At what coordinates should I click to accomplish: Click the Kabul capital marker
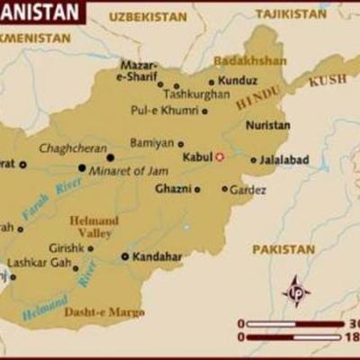click(x=219, y=157)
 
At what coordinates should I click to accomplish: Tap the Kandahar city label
click(x=157, y=256)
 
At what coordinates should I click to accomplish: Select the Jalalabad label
click(x=283, y=159)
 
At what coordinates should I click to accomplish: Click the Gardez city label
click(x=247, y=190)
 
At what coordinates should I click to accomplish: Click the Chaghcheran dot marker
click(x=111, y=157)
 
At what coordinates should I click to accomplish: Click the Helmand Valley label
click(x=94, y=226)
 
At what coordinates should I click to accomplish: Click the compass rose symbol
click(x=296, y=291)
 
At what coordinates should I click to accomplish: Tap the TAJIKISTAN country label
click(x=290, y=14)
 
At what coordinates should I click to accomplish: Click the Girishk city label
click(x=66, y=247)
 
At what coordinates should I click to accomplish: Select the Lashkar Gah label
click(x=37, y=265)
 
